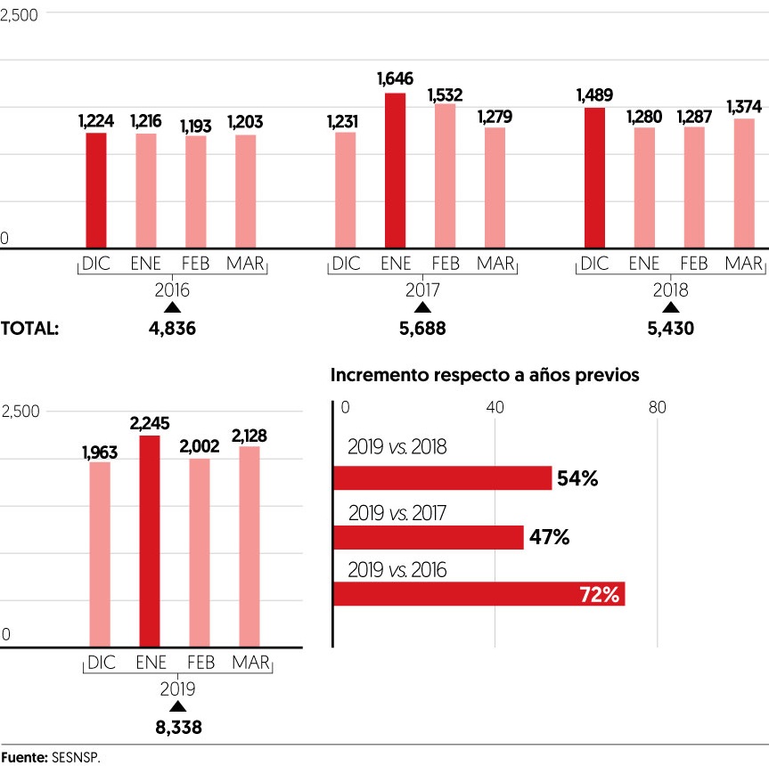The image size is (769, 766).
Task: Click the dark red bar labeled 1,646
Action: [x=395, y=170]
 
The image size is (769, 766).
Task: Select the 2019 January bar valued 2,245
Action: [x=150, y=541]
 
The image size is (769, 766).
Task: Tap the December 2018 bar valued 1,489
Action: [x=593, y=177]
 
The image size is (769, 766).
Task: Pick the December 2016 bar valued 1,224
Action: [x=95, y=190]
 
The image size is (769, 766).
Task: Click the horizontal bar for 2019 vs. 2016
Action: [x=479, y=594]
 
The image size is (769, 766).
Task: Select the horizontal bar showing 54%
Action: [x=442, y=478]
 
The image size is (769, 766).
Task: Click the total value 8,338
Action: [x=178, y=728]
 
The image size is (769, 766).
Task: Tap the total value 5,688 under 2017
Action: [x=422, y=329]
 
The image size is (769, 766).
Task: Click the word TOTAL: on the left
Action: [x=29, y=329]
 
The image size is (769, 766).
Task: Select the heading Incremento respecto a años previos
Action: [x=485, y=375]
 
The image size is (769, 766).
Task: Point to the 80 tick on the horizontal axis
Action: [x=657, y=407]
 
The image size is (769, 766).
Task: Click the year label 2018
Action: [x=671, y=290]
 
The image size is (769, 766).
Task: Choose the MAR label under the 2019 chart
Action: [x=250, y=664]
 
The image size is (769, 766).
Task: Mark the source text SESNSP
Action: [x=77, y=756]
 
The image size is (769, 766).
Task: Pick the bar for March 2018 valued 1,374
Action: [x=744, y=183]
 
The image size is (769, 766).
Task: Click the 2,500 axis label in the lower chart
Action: [x=20, y=412]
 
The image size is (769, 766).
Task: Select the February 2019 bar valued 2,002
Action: [x=200, y=552]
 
